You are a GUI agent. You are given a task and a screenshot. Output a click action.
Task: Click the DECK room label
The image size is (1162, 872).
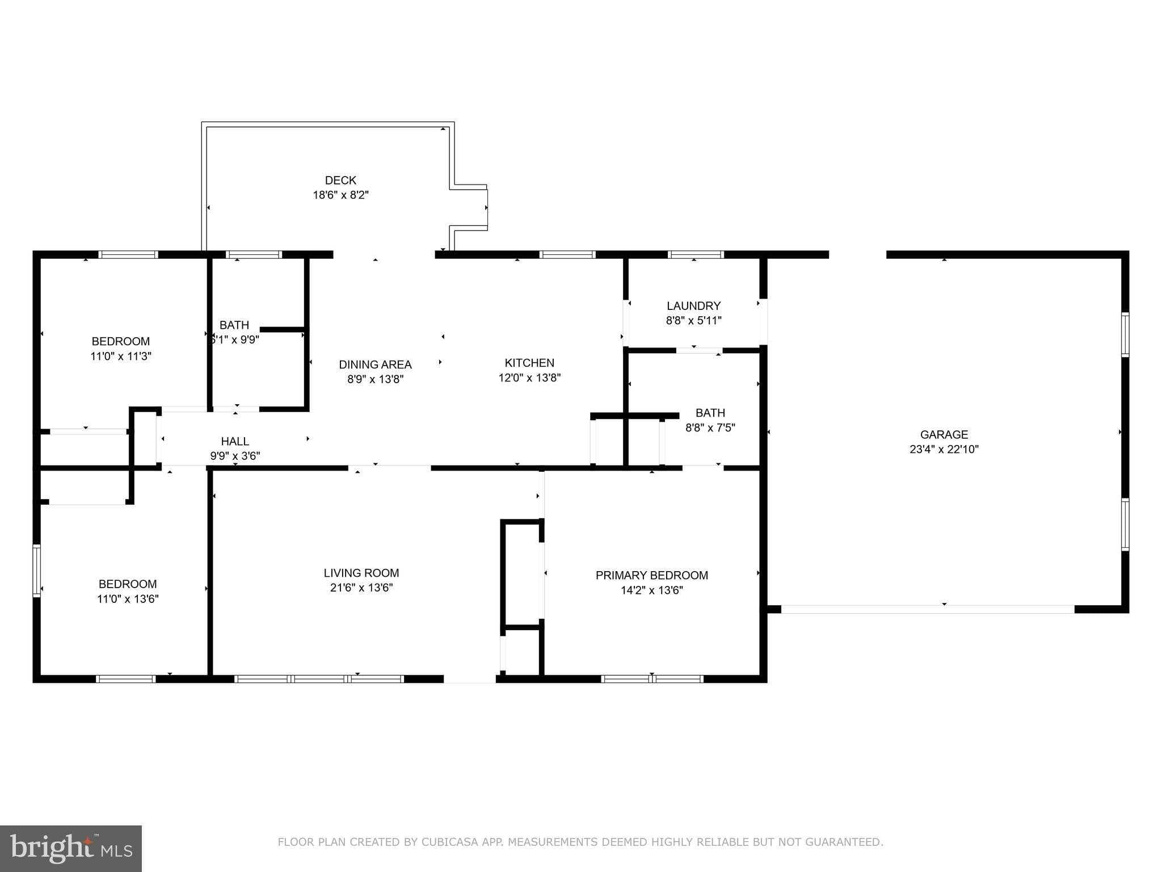pyautogui.click(x=340, y=181)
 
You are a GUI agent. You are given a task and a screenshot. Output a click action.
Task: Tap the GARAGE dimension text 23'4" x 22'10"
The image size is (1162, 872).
pyautogui.click(x=944, y=449)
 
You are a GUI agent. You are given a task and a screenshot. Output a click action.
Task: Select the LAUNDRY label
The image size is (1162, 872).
pyautogui.click(x=693, y=306)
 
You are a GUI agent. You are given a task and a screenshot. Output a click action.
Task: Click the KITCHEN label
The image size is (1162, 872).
pyautogui.click(x=529, y=363)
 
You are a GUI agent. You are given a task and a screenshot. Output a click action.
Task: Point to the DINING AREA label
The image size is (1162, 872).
pyautogui.click(x=375, y=364)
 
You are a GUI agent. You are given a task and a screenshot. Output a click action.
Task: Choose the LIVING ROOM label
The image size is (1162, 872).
pyautogui.click(x=361, y=573)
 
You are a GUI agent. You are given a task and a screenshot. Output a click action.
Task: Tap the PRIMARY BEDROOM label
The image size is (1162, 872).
pyautogui.click(x=651, y=575)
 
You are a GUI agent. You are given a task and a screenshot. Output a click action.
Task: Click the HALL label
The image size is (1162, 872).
pyautogui.click(x=235, y=441)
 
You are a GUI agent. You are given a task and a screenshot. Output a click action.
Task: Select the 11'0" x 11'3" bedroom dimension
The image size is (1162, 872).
pyautogui.click(x=121, y=357)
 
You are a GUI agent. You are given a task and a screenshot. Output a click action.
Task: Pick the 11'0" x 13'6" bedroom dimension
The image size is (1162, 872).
pyautogui.click(x=128, y=599)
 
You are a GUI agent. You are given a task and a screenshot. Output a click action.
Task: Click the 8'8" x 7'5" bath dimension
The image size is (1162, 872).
pyautogui.click(x=710, y=427)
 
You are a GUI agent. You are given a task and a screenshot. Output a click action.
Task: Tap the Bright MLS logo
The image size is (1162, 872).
pyautogui.click(x=71, y=848)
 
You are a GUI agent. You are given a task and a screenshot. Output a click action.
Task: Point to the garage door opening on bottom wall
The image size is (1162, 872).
pyautogui.click(x=928, y=609)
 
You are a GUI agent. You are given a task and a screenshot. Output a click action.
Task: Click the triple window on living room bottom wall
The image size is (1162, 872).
pyautogui.click(x=319, y=678)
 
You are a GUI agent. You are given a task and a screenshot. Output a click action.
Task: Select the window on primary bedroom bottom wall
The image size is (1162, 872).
pyautogui.click(x=652, y=678)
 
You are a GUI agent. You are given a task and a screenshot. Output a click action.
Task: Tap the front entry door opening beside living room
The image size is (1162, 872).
pyautogui.click(x=469, y=679)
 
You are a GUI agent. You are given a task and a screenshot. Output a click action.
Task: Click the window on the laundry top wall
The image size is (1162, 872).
pyautogui.click(x=696, y=255)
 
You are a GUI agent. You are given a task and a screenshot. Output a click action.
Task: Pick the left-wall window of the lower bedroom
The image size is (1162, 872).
pyautogui.click(x=37, y=571)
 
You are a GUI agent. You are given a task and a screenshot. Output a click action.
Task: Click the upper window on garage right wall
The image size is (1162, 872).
pyautogui.click(x=1125, y=334)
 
